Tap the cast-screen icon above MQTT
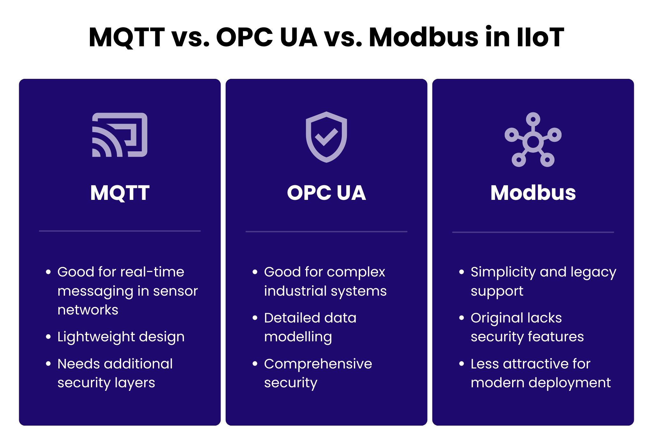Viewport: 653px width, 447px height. (120, 135)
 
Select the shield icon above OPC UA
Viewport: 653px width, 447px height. (326, 137)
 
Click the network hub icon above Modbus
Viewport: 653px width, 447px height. (533, 140)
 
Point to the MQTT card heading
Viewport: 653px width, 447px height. (120, 193)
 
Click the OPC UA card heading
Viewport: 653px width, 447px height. (326, 193)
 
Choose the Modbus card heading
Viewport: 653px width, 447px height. (533, 193)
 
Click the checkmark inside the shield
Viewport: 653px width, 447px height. (326, 137)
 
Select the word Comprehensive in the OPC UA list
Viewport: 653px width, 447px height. (318, 364)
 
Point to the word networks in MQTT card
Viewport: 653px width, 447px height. (88, 310)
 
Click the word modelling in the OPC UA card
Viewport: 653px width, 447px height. (298, 337)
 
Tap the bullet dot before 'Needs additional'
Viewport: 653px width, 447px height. (48, 364)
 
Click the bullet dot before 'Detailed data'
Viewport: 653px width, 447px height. (255, 318)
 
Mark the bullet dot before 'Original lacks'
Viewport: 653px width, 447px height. (461, 318)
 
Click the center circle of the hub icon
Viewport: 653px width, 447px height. (533, 142)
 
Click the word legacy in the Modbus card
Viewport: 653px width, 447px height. (593, 272)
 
